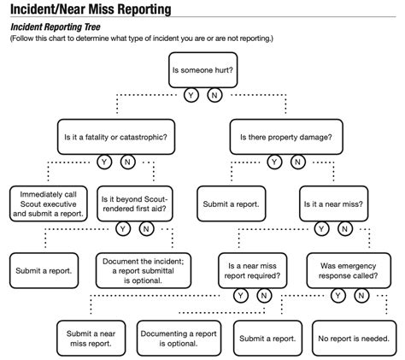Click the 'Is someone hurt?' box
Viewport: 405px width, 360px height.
202,70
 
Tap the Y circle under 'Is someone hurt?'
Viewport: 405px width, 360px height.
191,95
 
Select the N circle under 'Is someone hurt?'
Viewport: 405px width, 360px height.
214,95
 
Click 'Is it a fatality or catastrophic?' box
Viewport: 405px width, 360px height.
116,137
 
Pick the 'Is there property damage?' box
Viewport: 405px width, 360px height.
286,137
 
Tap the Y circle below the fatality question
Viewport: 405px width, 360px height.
104,162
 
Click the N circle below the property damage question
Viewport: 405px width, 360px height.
298,162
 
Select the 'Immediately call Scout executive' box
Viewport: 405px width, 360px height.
49,204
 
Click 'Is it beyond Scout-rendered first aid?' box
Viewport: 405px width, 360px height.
135,204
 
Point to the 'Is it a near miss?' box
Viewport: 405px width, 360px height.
333,204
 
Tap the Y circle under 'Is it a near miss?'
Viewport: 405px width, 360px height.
321,228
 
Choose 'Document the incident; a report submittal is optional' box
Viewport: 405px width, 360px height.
144,270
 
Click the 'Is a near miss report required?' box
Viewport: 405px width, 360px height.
252,270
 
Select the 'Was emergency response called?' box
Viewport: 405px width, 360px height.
349,270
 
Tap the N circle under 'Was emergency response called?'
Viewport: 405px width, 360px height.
361,296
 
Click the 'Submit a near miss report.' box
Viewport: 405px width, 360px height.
91,339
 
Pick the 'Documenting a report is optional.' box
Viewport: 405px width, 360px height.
179,339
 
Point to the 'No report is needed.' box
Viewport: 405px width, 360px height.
354,339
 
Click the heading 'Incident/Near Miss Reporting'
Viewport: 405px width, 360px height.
91,9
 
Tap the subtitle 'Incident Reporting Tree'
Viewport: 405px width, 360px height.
56,27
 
